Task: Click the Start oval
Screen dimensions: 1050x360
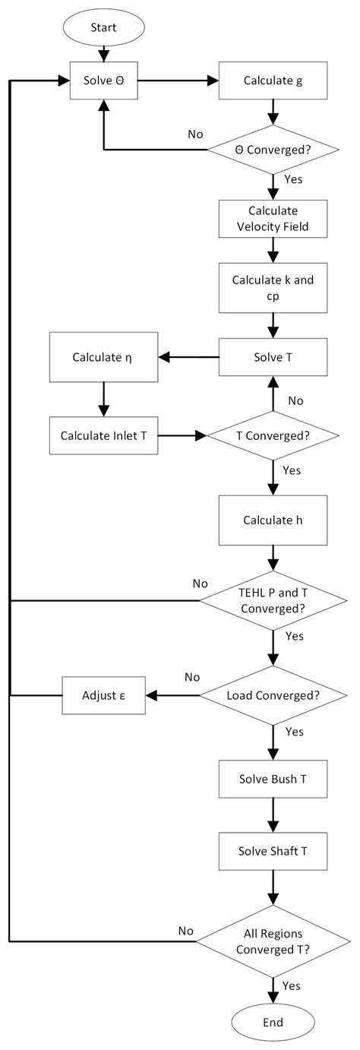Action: [x=103, y=28]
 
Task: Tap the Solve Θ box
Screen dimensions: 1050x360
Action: [x=103, y=80]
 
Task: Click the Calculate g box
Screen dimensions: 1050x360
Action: [x=273, y=80]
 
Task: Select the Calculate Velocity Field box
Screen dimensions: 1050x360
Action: [x=273, y=219]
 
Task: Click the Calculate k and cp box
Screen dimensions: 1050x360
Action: [x=273, y=288]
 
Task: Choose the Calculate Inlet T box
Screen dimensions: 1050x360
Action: [x=103, y=435]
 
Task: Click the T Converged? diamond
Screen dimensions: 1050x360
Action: [x=273, y=435]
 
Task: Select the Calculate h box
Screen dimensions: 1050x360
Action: [x=273, y=520]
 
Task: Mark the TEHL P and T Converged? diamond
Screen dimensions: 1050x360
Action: [x=273, y=601]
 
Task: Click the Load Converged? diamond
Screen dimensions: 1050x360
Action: [x=273, y=694]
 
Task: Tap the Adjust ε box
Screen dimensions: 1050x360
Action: [x=103, y=694]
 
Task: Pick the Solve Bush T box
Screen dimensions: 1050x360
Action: [x=273, y=780]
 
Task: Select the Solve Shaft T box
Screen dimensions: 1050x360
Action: [x=273, y=852]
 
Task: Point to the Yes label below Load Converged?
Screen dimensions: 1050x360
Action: [x=293, y=732]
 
